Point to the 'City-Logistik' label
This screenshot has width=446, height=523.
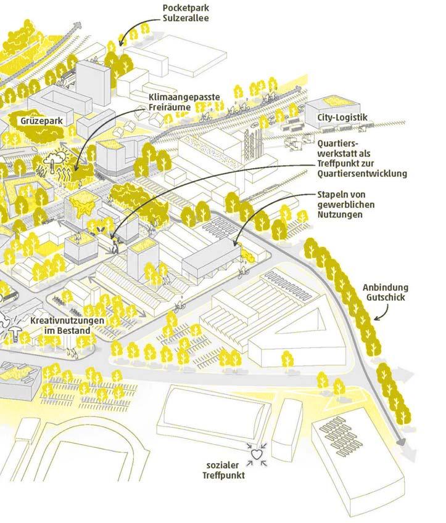[x=342, y=117]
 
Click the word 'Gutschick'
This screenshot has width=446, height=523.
[x=386, y=298]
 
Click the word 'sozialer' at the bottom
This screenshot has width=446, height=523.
[x=224, y=465]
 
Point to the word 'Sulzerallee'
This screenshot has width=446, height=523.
[x=184, y=18]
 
